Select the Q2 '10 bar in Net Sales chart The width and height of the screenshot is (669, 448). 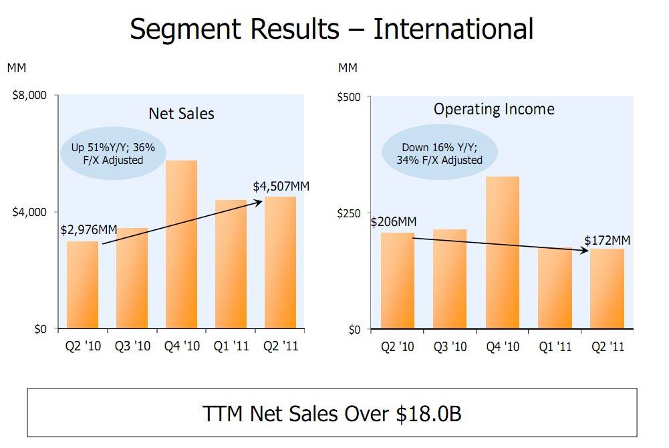click(x=82, y=285)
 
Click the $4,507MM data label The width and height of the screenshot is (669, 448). click(x=281, y=187)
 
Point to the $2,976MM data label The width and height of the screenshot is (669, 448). click(x=89, y=230)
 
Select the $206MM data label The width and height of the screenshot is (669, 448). click(x=394, y=222)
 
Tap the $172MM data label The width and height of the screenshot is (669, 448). click(x=608, y=240)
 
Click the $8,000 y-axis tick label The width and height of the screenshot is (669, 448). click(x=29, y=96)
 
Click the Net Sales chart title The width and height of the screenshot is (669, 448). click(x=181, y=113)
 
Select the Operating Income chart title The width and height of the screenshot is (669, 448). click(x=494, y=109)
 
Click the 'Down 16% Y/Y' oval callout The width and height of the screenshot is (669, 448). click(x=440, y=154)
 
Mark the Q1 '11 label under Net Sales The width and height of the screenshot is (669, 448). click(x=231, y=346)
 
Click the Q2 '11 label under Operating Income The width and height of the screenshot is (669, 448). click(x=608, y=346)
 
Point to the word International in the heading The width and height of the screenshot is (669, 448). click(x=453, y=29)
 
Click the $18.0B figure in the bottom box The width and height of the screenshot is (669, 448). click(x=428, y=414)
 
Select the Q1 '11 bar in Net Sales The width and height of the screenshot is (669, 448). click(x=231, y=264)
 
